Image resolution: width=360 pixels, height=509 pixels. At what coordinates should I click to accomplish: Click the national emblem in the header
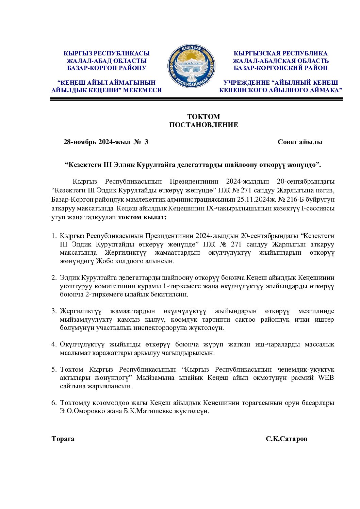(191, 66)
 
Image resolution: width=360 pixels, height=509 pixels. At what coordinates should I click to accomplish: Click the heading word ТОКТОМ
(203, 117)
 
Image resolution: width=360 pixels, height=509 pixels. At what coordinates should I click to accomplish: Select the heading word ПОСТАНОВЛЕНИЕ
(203, 125)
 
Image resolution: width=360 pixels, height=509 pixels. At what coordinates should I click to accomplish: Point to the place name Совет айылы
(300, 142)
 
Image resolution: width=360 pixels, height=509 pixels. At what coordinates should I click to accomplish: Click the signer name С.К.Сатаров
(286, 439)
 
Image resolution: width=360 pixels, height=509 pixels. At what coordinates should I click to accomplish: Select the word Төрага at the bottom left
(63, 439)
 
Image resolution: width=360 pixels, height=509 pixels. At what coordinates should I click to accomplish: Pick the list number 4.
(54, 344)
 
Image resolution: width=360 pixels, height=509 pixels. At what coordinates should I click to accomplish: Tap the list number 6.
(54, 403)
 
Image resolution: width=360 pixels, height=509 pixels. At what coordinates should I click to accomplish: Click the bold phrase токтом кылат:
(142, 217)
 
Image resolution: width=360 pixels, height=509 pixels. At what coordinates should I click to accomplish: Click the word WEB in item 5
(326, 378)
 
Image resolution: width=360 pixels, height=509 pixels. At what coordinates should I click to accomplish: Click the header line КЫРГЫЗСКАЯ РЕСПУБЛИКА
(280, 53)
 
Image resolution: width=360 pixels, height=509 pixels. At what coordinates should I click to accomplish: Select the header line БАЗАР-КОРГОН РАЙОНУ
(107, 68)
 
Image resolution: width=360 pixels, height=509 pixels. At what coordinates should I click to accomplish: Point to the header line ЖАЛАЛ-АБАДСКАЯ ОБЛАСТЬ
(280, 61)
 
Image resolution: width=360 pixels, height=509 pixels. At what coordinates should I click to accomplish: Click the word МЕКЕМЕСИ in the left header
(142, 90)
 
